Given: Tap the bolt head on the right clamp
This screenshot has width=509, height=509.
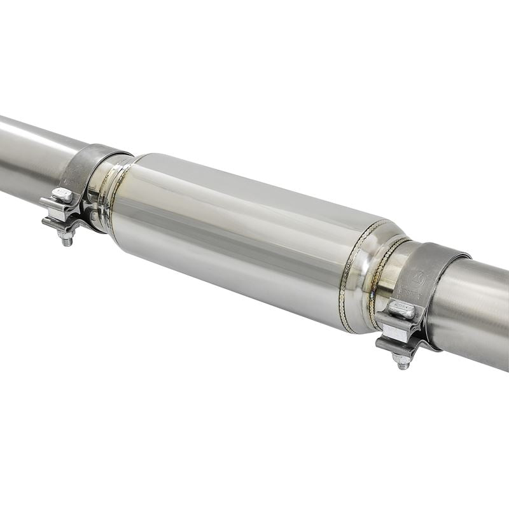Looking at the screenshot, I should point(402,310).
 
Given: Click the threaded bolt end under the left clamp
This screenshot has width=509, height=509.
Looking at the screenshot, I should point(67,238).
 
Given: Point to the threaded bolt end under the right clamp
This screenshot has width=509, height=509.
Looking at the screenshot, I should point(403,361).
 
